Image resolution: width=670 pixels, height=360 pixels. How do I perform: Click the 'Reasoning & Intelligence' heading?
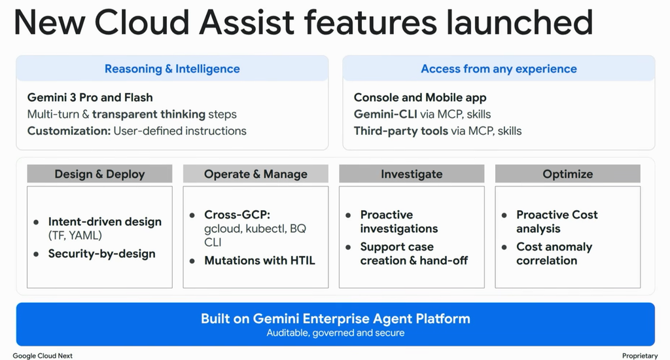coord(172,69)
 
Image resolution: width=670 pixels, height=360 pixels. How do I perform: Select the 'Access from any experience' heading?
coord(499,69)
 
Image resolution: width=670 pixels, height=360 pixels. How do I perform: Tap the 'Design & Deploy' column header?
coord(99,174)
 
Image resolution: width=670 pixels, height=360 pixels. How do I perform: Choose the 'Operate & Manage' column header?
coord(256,174)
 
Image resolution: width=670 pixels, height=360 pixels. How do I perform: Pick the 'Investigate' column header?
coord(412,174)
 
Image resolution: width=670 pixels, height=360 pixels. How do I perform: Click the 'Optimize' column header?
coord(567,174)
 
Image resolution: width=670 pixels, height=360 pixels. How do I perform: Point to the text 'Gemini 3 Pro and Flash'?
coord(90,98)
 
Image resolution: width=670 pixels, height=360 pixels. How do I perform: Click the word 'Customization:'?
coord(69,131)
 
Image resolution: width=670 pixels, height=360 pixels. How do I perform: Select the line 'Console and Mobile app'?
coord(420,98)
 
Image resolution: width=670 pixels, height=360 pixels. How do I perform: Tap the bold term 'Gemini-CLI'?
coord(385,114)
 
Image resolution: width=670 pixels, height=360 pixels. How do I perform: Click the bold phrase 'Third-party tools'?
coord(401,131)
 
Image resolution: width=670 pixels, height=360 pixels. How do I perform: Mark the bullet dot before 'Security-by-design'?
coord(37,254)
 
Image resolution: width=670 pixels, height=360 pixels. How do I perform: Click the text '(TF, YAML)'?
coord(75,236)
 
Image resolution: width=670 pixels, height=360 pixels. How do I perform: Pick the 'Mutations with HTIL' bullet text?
coord(260,261)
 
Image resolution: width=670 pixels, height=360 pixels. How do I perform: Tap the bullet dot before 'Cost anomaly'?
coord(504,247)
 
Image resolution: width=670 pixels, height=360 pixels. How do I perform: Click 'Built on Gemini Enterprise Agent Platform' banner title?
coord(336,319)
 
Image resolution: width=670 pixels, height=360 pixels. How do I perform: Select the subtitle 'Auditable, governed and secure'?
coord(336,333)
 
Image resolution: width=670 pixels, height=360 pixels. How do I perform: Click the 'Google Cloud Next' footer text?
coord(43,355)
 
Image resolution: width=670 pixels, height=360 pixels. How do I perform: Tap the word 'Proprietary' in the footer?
coord(640,355)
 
